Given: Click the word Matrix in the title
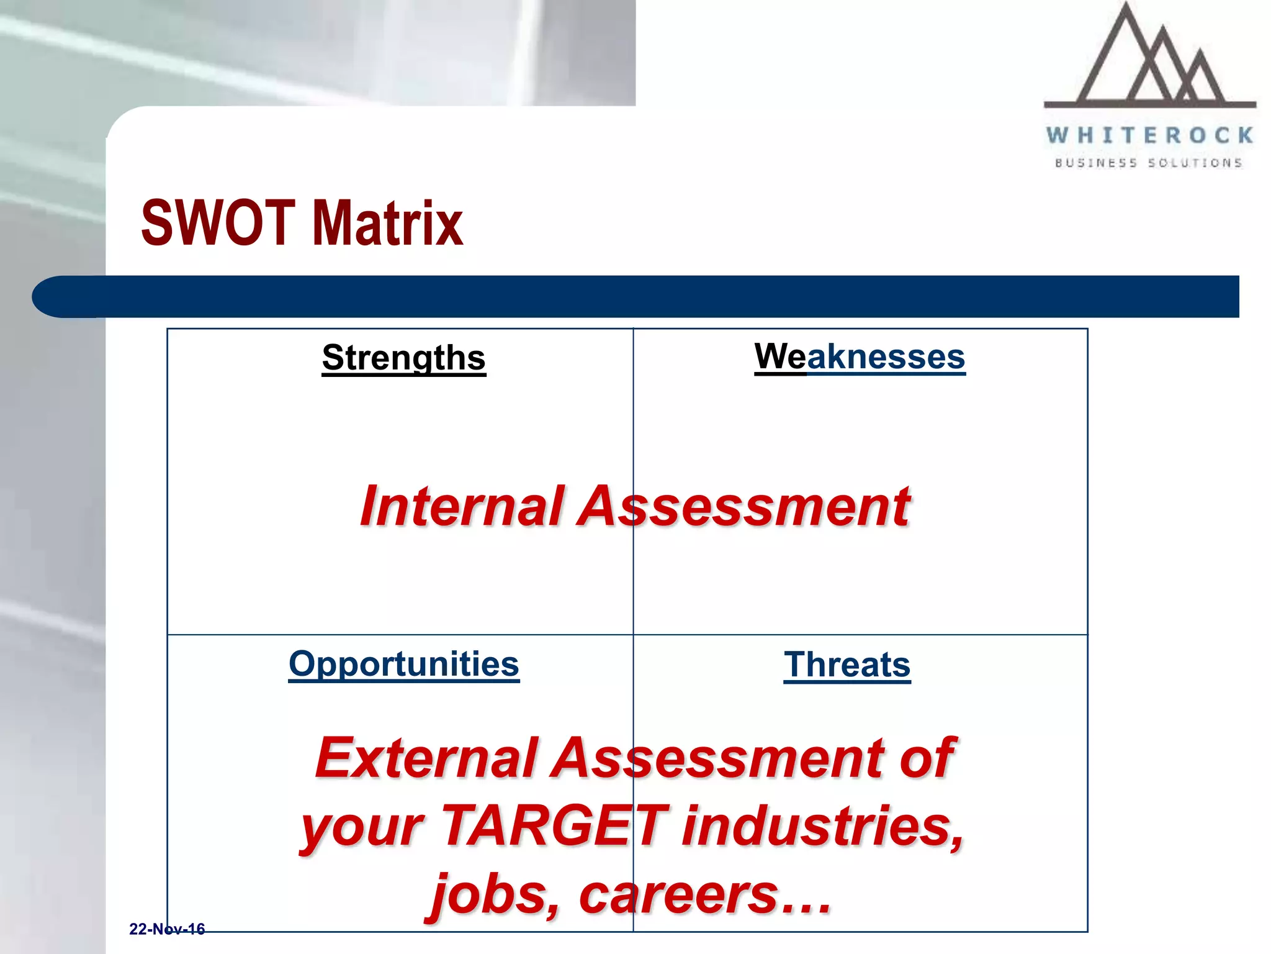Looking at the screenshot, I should (388, 223).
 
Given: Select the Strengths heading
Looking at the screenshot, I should (403, 358).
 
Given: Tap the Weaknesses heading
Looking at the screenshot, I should (860, 357).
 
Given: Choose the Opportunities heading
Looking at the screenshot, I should (403, 664).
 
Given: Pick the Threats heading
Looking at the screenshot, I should (847, 665).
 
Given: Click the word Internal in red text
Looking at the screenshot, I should (462, 506).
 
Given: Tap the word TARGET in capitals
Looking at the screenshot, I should (555, 826).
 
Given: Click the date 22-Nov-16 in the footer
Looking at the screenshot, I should (167, 929).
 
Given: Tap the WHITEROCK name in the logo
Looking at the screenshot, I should (1150, 135).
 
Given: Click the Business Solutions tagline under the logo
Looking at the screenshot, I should (1149, 163).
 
